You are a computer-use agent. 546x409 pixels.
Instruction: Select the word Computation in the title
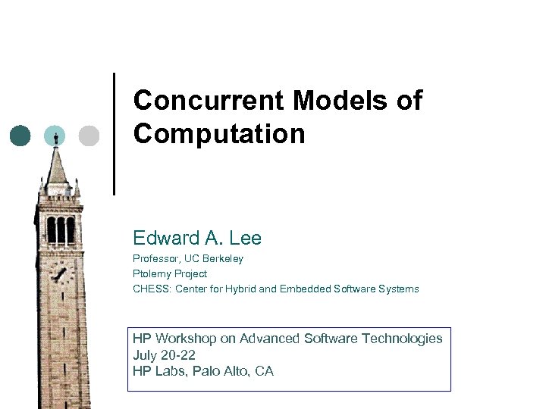(x=219, y=134)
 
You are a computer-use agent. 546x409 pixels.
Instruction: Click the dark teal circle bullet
(x=20, y=136)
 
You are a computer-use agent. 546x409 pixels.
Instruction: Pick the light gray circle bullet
(x=89, y=136)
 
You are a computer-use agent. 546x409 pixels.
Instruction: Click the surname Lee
(x=245, y=239)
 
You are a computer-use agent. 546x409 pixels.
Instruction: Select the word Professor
(x=156, y=259)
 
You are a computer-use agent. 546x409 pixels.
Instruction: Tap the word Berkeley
(x=222, y=259)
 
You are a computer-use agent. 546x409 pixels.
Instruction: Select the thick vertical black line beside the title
(x=115, y=134)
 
